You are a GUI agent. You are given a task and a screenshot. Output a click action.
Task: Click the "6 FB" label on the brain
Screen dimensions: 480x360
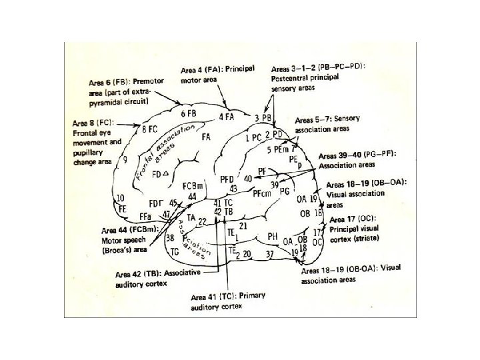[187, 113]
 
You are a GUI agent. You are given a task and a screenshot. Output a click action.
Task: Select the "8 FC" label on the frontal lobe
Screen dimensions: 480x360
[149, 128]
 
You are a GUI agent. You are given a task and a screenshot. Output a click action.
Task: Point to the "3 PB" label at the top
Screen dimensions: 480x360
[263, 118]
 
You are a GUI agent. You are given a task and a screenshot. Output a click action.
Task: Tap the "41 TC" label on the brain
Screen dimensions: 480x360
[223, 202]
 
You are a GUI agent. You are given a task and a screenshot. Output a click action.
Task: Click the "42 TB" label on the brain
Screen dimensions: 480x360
[223, 211]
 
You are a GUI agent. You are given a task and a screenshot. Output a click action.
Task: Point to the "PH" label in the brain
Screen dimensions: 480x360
[272, 236]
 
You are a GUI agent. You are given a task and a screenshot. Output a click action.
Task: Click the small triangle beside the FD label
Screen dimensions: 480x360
[164, 174]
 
